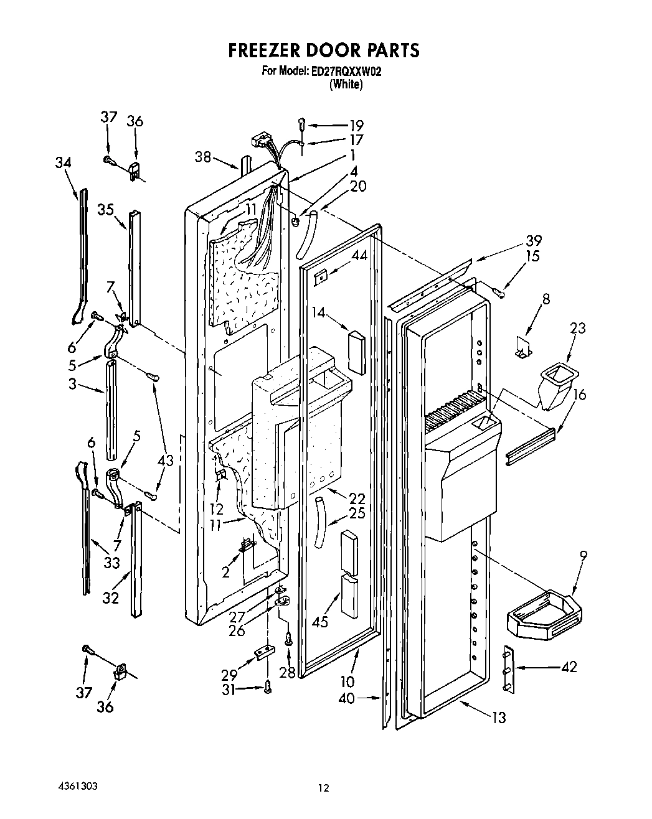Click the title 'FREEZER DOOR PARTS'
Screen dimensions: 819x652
pyautogui.click(x=323, y=50)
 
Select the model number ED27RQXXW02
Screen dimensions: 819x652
pyautogui.click(x=346, y=72)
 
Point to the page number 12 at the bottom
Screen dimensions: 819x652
pyautogui.click(x=323, y=789)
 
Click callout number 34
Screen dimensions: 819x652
pyautogui.click(x=63, y=163)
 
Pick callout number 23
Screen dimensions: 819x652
pyautogui.click(x=578, y=327)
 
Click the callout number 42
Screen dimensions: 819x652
pyautogui.click(x=569, y=667)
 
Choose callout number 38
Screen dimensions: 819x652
pyautogui.click(x=203, y=157)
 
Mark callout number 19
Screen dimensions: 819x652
pyautogui.click(x=356, y=124)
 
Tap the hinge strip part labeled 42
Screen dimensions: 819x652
pyautogui.click(x=508, y=669)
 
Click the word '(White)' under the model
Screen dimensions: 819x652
pyautogui.click(x=346, y=85)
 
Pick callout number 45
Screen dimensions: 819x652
pyautogui.click(x=320, y=622)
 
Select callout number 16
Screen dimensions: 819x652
pyautogui.click(x=579, y=394)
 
